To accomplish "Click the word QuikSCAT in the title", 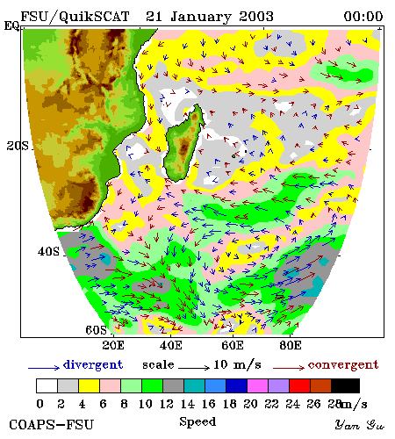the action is (94, 17).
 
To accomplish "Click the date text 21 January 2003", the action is (210, 17).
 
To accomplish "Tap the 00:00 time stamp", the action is (363, 17).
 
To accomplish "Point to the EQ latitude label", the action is (11, 25).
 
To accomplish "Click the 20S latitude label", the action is (18, 146).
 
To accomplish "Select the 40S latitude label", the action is (48, 251).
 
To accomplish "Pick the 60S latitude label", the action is (97, 330).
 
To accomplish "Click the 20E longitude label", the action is (113, 345).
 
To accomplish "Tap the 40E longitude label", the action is (171, 345).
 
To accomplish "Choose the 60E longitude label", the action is (233, 345).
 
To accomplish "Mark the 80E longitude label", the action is (291, 345).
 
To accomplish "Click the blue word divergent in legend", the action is (93, 365).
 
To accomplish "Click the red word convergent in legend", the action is (343, 365).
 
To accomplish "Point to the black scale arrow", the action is (194, 367).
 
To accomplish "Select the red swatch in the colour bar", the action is (299, 385).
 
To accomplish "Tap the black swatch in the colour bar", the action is (345, 385).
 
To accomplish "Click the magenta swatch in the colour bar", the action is (258, 385).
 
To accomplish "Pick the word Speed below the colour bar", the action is (197, 421).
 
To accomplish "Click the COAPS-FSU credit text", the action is (52, 425).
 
